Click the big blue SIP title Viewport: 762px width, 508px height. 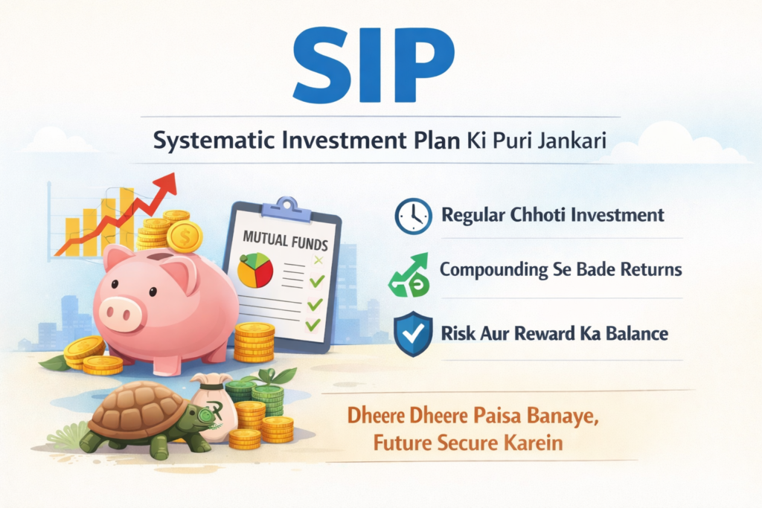coord(374,64)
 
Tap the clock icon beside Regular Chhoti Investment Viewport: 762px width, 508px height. coord(413,216)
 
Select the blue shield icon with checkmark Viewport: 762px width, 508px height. coord(413,334)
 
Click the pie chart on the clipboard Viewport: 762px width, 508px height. coord(255,270)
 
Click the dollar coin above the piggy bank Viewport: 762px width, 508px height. coord(185,237)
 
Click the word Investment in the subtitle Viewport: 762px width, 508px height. coord(344,141)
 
